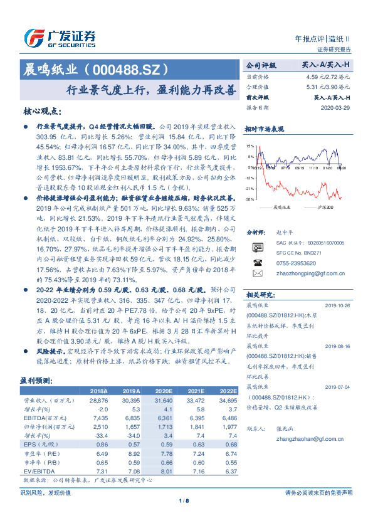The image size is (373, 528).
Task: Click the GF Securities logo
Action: pyautogui.click(x=60, y=38)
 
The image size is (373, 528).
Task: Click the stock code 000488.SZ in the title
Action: pyautogui.click(x=129, y=68)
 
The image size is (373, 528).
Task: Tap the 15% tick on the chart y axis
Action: pyautogui.click(x=250, y=145)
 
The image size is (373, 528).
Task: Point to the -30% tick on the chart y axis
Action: pyautogui.click(x=250, y=199)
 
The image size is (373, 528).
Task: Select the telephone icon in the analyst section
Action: pyautogui.click(x=257, y=263)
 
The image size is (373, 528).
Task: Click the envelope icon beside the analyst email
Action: pyautogui.click(x=257, y=274)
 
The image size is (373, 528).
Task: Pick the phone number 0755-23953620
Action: pyautogui.click(x=294, y=264)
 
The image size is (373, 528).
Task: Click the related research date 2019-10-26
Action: pyautogui.click(x=339, y=306)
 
